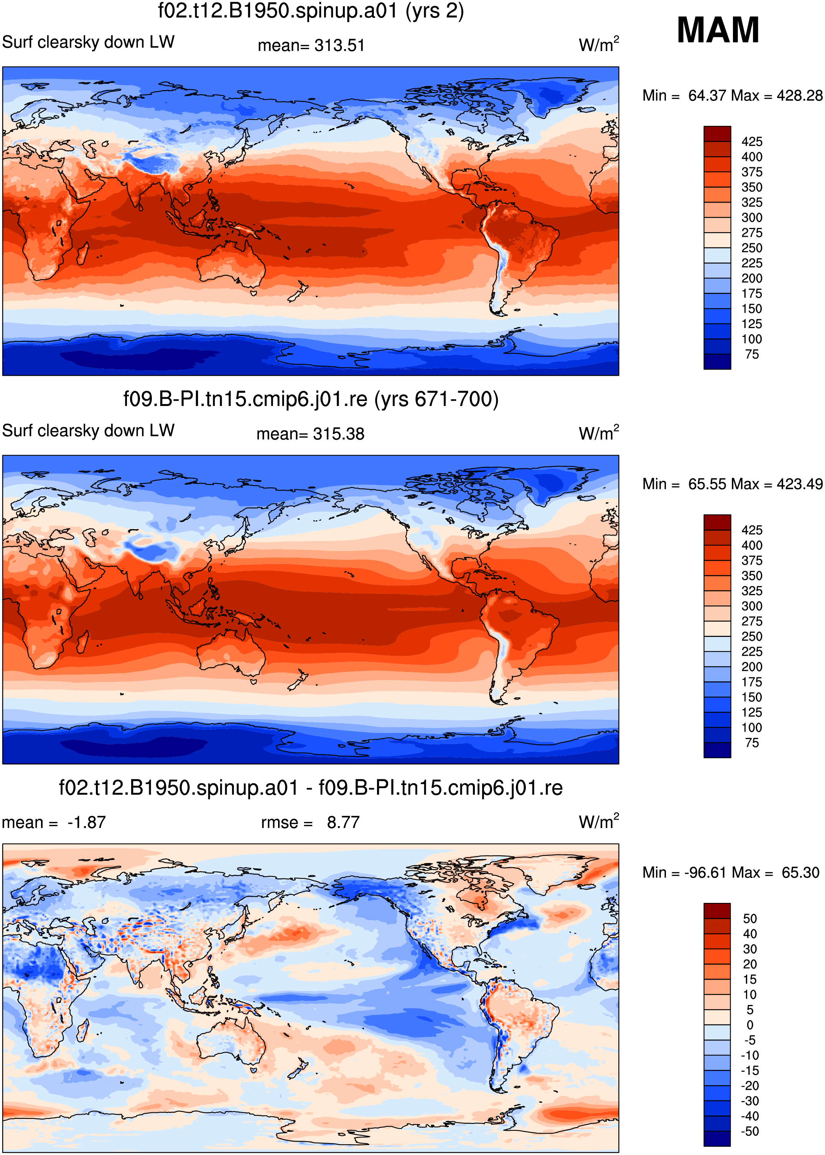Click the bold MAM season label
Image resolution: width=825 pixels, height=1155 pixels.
pos(718,30)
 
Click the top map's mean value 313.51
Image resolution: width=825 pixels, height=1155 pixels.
pos(339,46)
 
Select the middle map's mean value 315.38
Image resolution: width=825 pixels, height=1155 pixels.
pos(338,434)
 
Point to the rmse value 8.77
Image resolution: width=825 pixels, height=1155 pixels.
pos(343,822)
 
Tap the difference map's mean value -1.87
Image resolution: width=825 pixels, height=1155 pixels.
pos(86,822)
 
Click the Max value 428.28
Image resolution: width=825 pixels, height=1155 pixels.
pos(800,96)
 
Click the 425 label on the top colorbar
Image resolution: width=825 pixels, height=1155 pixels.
pos(752,142)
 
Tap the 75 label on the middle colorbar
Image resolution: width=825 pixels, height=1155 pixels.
pos(752,743)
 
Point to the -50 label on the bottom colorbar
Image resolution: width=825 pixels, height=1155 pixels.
pos(750,1131)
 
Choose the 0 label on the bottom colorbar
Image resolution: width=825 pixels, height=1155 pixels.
pos(750,1025)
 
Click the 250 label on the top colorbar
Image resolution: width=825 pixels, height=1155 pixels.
pos(752,248)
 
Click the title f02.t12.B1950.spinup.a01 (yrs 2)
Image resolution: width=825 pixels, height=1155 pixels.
pos(311,11)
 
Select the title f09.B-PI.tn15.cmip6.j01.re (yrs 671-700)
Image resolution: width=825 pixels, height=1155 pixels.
pos(311,399)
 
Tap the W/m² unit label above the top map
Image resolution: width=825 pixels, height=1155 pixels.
pos(599,44)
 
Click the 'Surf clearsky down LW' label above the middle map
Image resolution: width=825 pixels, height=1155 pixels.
pos(88,431)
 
